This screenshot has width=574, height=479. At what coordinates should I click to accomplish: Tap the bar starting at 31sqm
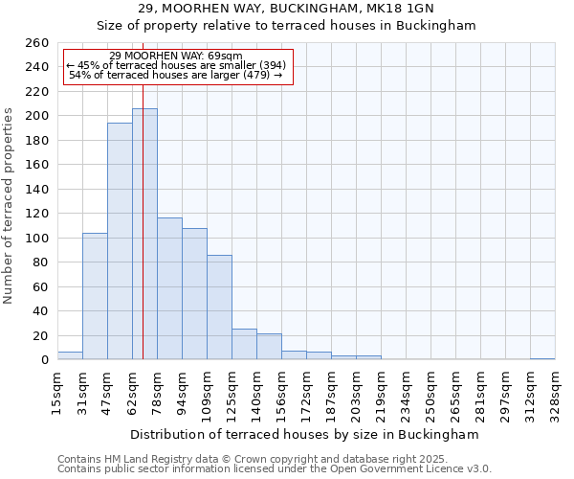pos(95,297)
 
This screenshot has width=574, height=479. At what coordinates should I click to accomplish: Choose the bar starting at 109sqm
pos(219,308)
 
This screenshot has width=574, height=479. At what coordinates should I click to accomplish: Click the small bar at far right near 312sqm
pos(542,358)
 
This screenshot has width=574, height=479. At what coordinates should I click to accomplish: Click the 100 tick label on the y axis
pos(36,238)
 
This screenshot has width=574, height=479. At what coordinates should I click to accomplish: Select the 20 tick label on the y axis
pos(40,335)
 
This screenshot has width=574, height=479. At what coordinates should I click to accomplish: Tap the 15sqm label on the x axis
pos(57,391)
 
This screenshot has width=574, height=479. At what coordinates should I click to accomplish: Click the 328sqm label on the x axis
pos(555,391)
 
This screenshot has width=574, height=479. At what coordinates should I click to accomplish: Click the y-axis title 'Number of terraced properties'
pos(10,206)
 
